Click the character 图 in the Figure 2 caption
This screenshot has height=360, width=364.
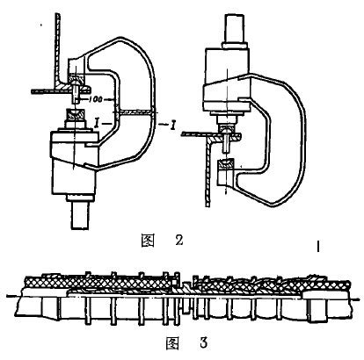click(148, 241)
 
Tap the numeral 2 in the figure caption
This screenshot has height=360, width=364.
click(178, 241)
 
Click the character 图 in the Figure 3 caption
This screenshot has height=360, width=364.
click(172, 343)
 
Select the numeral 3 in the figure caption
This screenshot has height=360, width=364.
click(204, 342)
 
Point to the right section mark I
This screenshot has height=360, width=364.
click(173, 126)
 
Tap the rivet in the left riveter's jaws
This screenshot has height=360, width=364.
click(76, 91)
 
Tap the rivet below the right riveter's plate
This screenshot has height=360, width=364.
click(226, 142)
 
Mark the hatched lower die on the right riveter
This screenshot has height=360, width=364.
click(226, 164)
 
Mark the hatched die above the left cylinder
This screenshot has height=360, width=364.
click(75, 113)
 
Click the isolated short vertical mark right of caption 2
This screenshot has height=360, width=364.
click(318, 247)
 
